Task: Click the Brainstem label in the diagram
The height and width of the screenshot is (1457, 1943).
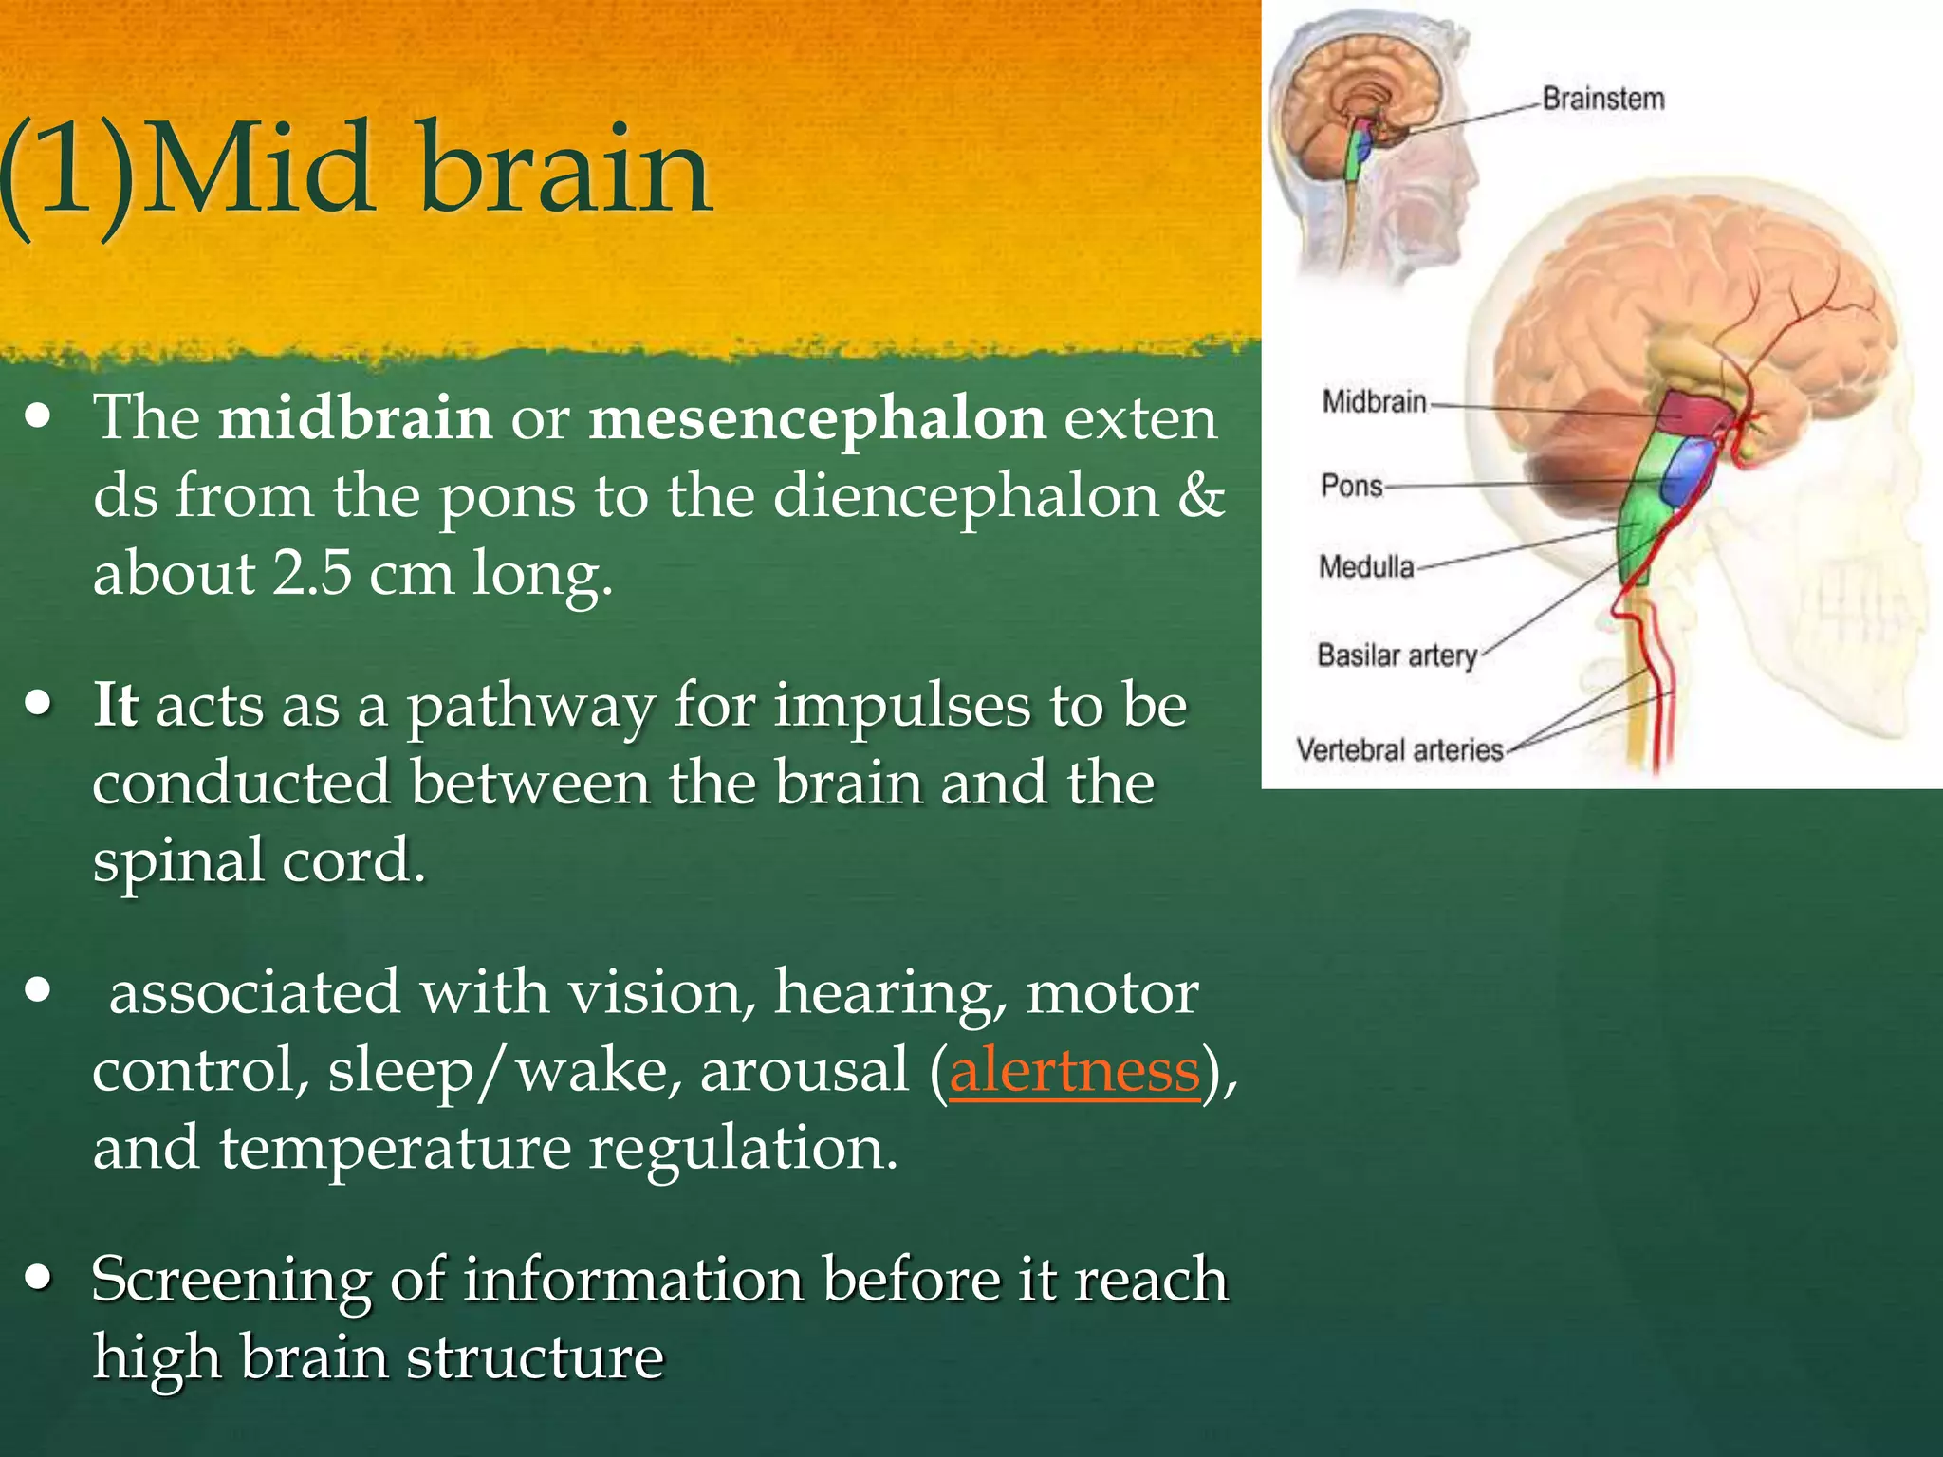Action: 1602,99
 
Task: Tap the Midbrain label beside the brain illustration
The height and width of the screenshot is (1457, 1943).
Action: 1374,402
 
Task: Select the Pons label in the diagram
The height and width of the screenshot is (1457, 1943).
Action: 1352,486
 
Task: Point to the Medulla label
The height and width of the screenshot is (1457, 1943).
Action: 1366,567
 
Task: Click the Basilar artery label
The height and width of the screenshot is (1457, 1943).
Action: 1397,655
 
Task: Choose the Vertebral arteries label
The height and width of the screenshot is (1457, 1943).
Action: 1399,750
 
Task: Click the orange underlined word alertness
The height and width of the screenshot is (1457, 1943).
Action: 1074,1071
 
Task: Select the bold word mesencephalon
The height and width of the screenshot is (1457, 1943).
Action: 817,418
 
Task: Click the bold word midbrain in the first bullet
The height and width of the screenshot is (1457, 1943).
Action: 355,418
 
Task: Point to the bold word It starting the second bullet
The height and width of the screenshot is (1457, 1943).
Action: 115,706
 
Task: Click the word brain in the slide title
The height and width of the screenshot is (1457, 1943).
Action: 565,171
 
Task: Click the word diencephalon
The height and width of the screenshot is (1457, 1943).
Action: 966,496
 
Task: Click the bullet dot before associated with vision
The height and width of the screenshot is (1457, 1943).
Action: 38,990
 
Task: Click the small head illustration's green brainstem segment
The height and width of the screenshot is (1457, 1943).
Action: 1353,163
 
